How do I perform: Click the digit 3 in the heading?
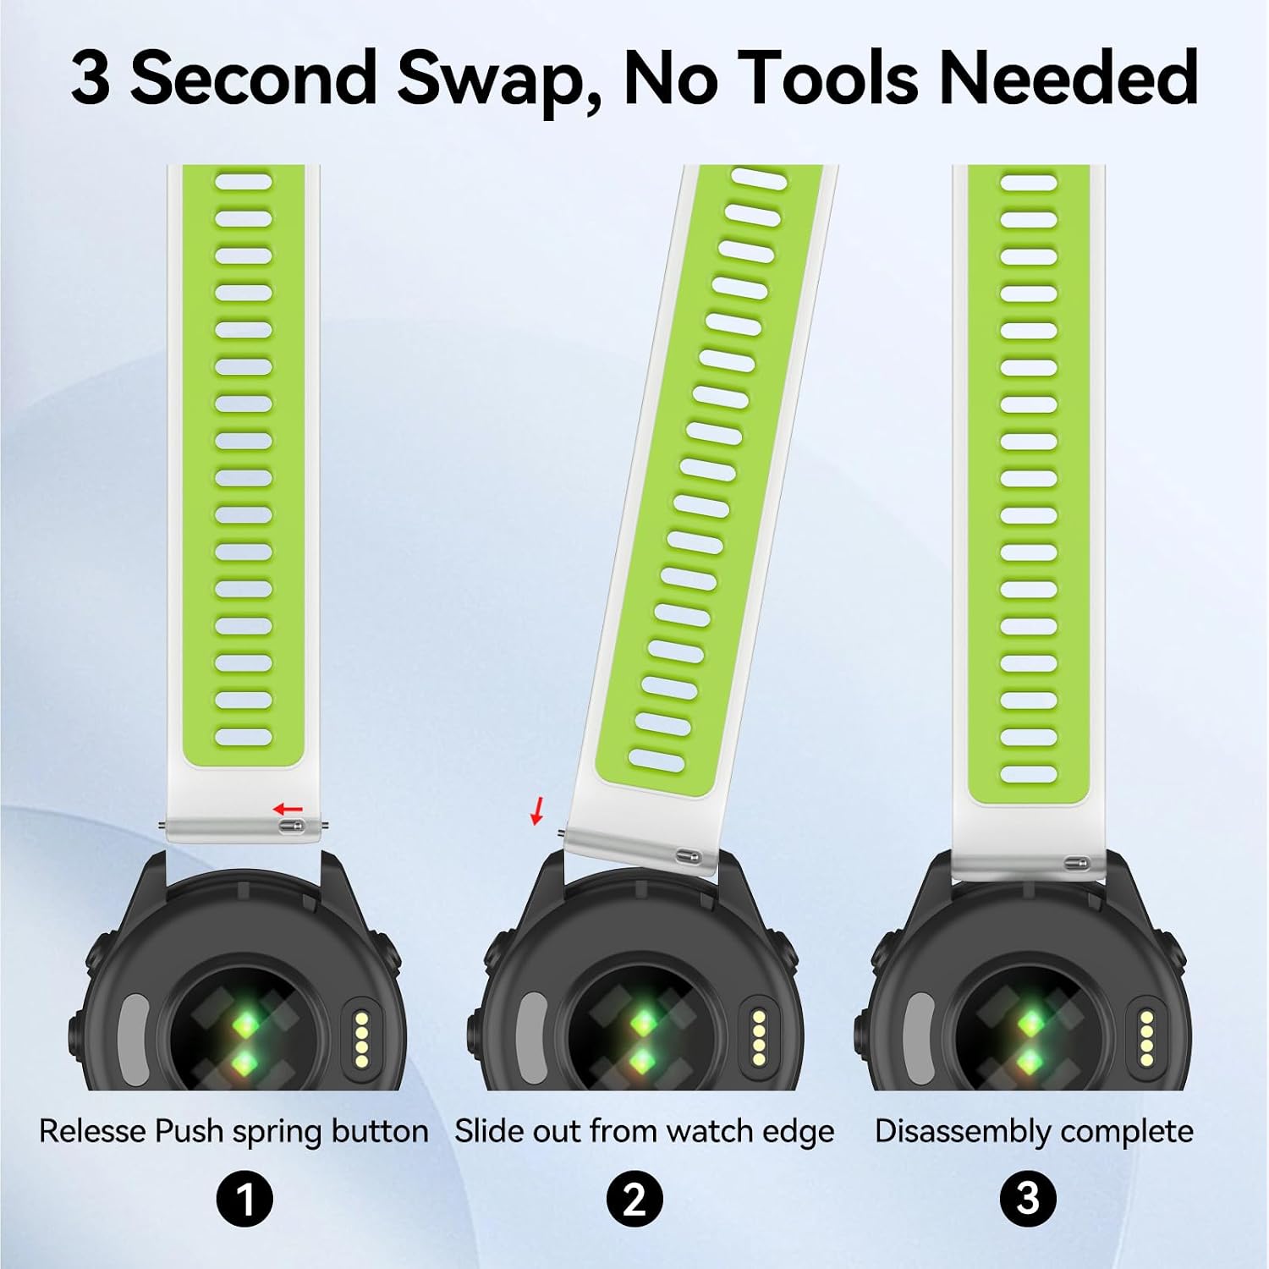pos(91,78)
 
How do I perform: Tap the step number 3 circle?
pos(1027,1199)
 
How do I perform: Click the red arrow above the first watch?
pos(288,810)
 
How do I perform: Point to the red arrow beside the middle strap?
pos(536,810)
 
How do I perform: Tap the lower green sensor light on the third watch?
pos(1029,1060)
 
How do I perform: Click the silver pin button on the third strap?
pos(1077,864)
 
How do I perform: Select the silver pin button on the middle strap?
pos(688,857)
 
